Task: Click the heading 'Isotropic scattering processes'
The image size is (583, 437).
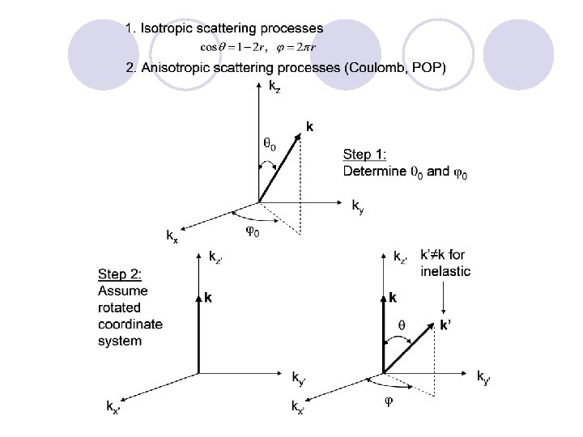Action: (x=232, y=28)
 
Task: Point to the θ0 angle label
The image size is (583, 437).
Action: (x=270, y=145)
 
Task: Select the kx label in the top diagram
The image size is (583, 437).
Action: (x=172, y=236)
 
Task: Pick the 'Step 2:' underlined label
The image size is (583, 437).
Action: (x=123, y=274)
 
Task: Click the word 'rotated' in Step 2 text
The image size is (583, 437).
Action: (x=119, y=308)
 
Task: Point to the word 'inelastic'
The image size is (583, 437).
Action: (x=445, y=271)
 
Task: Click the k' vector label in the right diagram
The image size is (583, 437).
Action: (x=445, y=325)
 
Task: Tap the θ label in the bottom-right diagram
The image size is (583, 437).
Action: (x=400, y=325)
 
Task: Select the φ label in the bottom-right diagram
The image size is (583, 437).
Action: (x=388, y=401)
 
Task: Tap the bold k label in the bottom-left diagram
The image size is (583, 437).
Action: (x=209, y=298)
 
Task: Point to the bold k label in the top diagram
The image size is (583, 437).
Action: (x=309, y=126)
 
